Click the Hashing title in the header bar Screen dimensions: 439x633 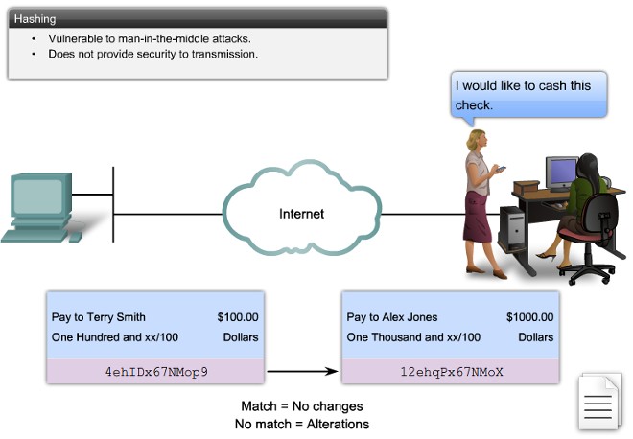coord(36,17)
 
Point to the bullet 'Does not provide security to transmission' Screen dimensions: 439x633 coord(152,55)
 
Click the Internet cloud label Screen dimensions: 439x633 coord(301,214)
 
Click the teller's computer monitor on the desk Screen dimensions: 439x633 coord(561,171)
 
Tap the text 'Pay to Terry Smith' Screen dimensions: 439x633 coord(99,317)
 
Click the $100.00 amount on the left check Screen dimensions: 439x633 coord(238,317)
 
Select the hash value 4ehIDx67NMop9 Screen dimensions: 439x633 coord(156,370)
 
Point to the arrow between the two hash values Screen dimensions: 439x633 coord(303,370)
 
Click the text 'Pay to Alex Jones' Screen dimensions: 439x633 coord(392,317)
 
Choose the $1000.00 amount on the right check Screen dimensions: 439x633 coord(529,317)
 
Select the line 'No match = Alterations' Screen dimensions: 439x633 coord(301,424)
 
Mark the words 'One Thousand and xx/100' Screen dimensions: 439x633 coord(413,337)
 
